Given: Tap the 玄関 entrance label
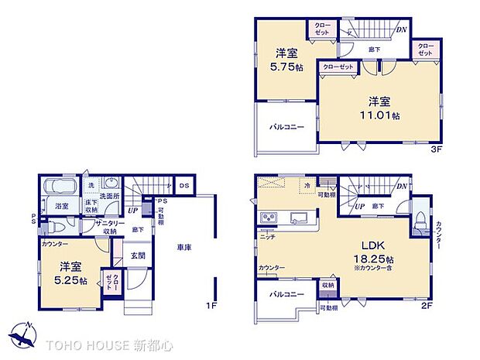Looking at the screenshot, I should pyautogui.click(x=138, y=255).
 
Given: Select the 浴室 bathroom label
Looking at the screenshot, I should pyautogui.click(x=61, y=207).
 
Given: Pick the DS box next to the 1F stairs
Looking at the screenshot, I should pyautogui.click(x=185, y=185).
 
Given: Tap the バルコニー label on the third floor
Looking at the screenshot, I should pyautogui.click(x=286, y=126).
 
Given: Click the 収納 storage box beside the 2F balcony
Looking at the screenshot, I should pyautogui.click(x=327, y=286).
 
